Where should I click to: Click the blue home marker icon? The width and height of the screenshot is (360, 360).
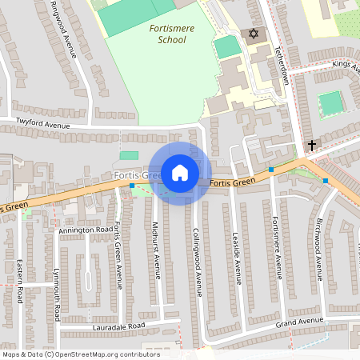pyautogui.click(x=180, y=173)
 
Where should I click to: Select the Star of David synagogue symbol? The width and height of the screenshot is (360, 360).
pyautogui.click(x=254, y=35)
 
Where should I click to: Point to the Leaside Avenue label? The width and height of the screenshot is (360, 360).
pyautogui.click(x=238, y=258)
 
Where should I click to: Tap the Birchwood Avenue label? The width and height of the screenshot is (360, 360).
pyautogui.click(x=318, y=248)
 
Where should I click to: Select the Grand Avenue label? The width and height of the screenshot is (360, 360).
pyautogui.click(x=299, y=322)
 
